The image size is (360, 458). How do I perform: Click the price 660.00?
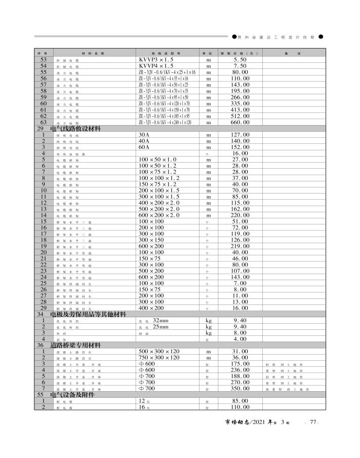pyautogui.click(x=240, y=123)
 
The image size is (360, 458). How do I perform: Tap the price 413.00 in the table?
pyautogui.click(x=240, y=110)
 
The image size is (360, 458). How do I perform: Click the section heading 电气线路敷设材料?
pyautogui.click(x=76, y=129)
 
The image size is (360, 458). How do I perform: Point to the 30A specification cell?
pyautogui.click(x=144, y=135)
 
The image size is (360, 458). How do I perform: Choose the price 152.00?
pyautogui.click(x=240, y=147)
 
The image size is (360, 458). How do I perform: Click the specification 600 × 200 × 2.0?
pyautogui.click(x=159, y=215)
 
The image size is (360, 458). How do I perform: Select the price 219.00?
pyautogui.click(x=240, y=246)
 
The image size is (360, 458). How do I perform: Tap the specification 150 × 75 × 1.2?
pyautogui.click(x=159, y=184)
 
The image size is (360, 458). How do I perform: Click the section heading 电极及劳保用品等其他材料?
pyautogui.click(x=88, y=315)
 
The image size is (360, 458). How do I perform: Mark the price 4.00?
pyautogui.click(x=240, y=339)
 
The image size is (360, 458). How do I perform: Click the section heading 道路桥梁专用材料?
pyautogui.click(x=76, y=346)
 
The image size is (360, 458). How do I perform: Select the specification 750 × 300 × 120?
pyautogui.click(x=159, y=358)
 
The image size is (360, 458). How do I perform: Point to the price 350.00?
pyautogui.click(x=240, y=389)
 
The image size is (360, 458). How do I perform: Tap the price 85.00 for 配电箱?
pyautogui.click(x=240, y=401)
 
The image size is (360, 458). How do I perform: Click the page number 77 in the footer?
pyautogui.click(x=313, y=422)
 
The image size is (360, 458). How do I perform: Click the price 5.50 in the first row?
pyautogui.click(x=240, y=60)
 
